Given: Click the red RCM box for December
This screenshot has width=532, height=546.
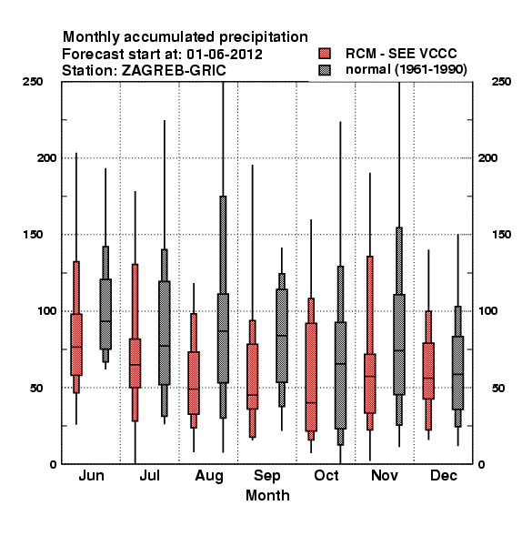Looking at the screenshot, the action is click(x=428, y=370).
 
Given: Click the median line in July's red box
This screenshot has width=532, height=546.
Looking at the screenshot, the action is click(x=135, y=365).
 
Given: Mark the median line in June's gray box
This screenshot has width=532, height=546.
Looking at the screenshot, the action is click(x=105, y=321).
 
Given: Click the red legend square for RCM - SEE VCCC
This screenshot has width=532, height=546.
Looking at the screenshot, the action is click(x=325, y=54).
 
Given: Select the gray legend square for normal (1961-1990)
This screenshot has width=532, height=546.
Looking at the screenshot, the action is click(x=325, y=70).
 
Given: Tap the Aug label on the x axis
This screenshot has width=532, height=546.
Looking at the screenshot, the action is click(x=209, y=476).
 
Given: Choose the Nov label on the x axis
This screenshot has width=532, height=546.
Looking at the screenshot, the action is click(x=384, y=475).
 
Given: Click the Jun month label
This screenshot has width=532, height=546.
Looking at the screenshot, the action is click(x=91, y=475).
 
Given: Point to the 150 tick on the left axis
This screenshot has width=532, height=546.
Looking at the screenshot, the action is click(x=33, y=235).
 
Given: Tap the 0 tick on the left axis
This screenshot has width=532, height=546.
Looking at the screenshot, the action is click(x=53, y=464).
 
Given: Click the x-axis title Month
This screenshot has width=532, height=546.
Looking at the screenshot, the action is click(x=267, y=495).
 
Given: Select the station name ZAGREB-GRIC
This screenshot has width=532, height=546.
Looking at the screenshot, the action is click(x=174, y=70).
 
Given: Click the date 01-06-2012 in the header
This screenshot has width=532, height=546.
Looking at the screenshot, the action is click(x=225, y=55).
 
